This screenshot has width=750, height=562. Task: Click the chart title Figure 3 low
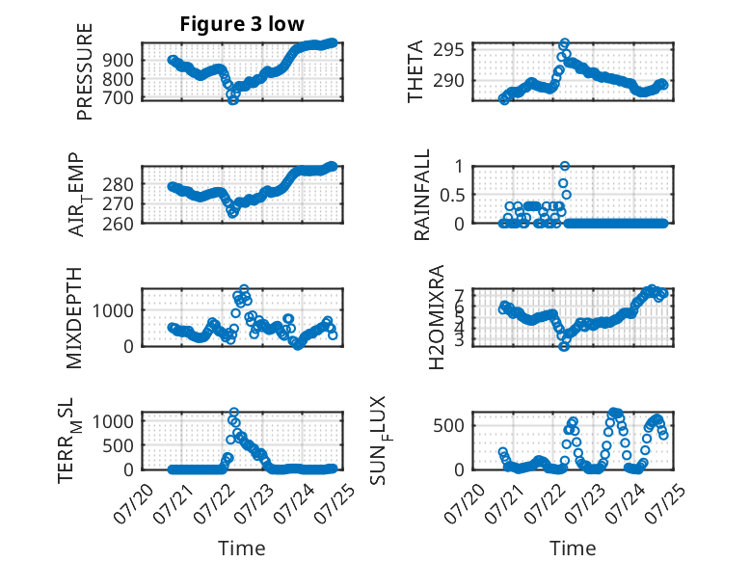pyautogui.click(x=242, y=24)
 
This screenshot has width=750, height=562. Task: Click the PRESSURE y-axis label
pyautogui.click(x=84, y=71)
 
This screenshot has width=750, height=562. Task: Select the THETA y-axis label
pyautogui.click(x=415, y=71)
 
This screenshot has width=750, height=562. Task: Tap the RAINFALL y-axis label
pyautogui.click(x=422, y=195)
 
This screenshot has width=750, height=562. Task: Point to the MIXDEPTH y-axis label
pyautogui.click(x=74, y=318)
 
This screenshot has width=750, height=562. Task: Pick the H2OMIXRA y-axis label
pyautogui.click(x=437, y=317)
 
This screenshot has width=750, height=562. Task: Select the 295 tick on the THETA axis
pyautogui.click(x=448, y=49)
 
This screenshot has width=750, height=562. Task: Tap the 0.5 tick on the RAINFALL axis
pyautogui.click(x=452, y=195)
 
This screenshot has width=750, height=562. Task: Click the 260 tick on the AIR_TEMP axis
pyautogui.click(x=119, y=224)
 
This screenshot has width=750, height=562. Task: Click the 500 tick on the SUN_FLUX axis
pyautogui.click(x=448, y=425)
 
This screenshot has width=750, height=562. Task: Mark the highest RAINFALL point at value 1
pyautogui.click(x=565, y=166)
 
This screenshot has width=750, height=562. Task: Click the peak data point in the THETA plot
pyautogui.click(x=565, y=43)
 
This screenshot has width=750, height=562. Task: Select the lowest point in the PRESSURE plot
pyautogui.click(x=233, y=100)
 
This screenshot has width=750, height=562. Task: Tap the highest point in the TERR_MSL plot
pyautogui.click(x=234, y=412)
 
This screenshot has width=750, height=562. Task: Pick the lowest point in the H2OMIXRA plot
pyautogui.click(x=564, y=346)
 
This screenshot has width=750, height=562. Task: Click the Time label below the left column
pyautogui.click(x=242, y=548)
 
